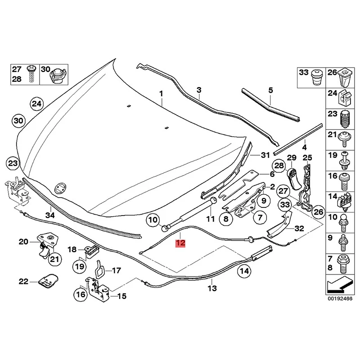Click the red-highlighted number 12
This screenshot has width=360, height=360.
click(180, 243)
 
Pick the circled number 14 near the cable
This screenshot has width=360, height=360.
click(244, 271)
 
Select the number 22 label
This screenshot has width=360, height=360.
click(23, 282)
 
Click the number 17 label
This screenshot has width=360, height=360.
click(116, 270)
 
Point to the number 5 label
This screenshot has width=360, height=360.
click(270, 90)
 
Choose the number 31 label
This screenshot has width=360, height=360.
click(265, 155)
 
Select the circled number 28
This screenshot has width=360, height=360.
click(279, 166)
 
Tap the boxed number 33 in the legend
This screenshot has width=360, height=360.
click(304, 72)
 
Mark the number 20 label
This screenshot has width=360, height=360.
click(23, 242)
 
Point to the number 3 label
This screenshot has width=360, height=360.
click(198, 90)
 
